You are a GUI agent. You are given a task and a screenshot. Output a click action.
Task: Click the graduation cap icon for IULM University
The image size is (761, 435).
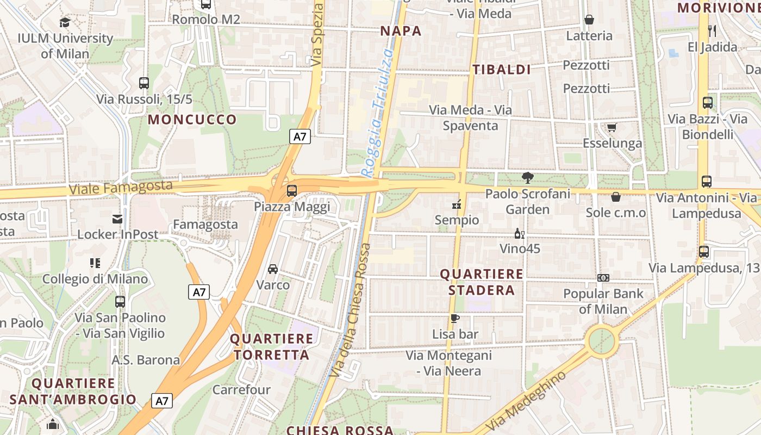point(65,22)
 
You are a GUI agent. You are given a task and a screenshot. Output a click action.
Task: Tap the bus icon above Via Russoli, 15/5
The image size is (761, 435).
point(144,83)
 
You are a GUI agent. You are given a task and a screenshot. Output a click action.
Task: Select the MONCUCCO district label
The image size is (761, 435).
point(192,120)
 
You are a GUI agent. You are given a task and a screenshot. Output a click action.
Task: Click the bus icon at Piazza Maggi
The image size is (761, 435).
point(292,191)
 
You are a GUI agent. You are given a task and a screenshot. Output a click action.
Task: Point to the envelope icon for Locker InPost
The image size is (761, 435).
point(117,219)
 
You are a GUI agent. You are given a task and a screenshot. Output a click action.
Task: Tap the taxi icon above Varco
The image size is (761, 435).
point(273,269)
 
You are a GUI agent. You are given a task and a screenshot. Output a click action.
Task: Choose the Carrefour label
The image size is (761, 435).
point(241,390)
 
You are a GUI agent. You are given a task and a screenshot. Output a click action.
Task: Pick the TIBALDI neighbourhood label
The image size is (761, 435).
point(501,70)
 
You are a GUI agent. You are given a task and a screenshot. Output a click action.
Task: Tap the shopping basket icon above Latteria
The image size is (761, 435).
point(589,20)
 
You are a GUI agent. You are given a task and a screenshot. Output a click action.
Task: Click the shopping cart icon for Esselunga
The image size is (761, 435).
point(612,128)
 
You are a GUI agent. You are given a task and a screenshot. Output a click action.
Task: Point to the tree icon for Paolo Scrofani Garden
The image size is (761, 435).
point(527,177)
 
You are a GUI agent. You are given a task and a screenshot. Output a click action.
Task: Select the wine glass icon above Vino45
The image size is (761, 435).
point(519,234)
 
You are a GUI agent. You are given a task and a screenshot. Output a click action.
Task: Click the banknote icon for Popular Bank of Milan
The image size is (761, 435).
point(603,278)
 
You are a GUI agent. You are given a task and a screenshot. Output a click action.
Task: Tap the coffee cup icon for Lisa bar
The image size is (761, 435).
point(455,318)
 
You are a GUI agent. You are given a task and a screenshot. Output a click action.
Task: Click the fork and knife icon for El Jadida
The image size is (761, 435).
point(712,31)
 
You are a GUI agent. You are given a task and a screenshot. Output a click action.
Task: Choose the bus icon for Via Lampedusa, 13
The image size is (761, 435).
point(704,252)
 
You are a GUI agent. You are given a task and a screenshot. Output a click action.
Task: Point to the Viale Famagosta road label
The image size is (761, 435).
point(121,188)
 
